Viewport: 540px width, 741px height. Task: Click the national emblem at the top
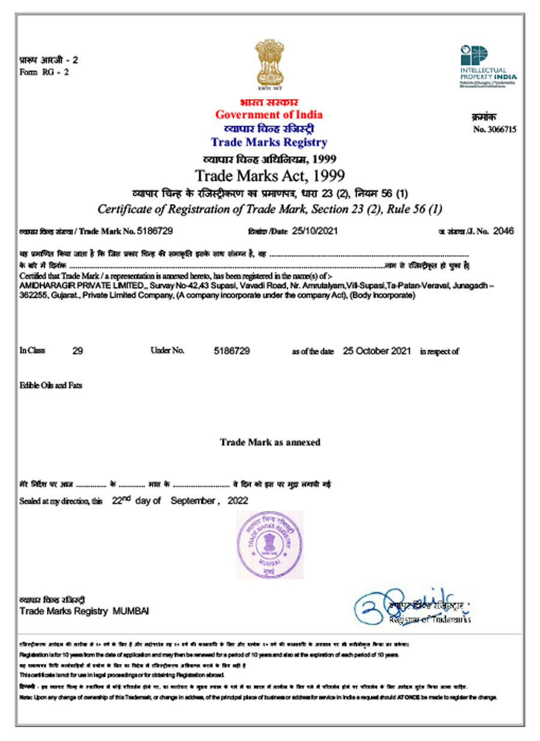pyautogui.click(x=269, y=64)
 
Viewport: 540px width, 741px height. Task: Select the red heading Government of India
pyautogui.click(x=269, y=115)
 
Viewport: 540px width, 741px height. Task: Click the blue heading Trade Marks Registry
pyautogui.click(x=269, y=142)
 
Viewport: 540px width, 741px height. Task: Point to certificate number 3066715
pyautogui.click(x=495, y=129)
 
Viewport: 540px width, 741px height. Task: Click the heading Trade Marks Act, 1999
pyautogui.click(x=270, y=176)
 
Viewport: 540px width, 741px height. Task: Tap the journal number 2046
pyautogui.click(x=503, y=231)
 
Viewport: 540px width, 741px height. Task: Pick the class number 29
pyautogui.click(x=77, y=351)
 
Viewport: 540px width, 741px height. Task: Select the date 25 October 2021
pyautogui.click(x=377, y=351)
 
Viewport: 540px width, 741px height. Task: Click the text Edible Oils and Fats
pyautogui.click(x=51, y=386)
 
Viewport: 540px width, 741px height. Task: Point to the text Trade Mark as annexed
pyautogui.click(x=270, y=443)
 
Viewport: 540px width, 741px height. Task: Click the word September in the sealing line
pyautogui.click(x=193, y=501)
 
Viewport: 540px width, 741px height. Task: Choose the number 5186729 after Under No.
pyautogui.click(x=232, y=351)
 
